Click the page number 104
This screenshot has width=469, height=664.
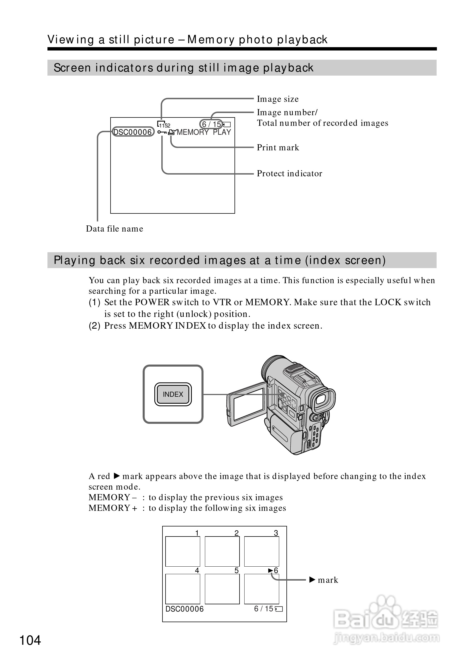pos(30,640)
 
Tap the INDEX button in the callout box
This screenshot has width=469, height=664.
pos(173,394)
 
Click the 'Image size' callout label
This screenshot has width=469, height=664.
pos(277,99)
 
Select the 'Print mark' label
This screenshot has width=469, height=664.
pos(278,148)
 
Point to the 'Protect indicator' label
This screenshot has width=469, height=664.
pos(289,174)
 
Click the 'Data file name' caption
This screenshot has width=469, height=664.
pos(114,229)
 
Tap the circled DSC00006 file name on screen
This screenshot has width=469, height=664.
pos(133,132)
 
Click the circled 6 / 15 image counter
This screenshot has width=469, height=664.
pos(211,124)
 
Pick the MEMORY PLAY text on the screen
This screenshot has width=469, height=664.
pos(204,133)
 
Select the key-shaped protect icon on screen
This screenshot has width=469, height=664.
pos(162,133)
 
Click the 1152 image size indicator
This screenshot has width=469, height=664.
pos(164,125)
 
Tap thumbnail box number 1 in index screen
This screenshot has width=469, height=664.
pos(183,551)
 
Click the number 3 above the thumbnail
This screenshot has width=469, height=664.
pos(276,533)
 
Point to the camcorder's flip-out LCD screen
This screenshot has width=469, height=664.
pos(248,404)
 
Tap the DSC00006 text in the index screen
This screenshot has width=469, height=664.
pos(185,609)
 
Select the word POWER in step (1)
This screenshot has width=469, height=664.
pos(152,302)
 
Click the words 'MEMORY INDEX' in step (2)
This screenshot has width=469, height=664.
pos(167,326)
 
